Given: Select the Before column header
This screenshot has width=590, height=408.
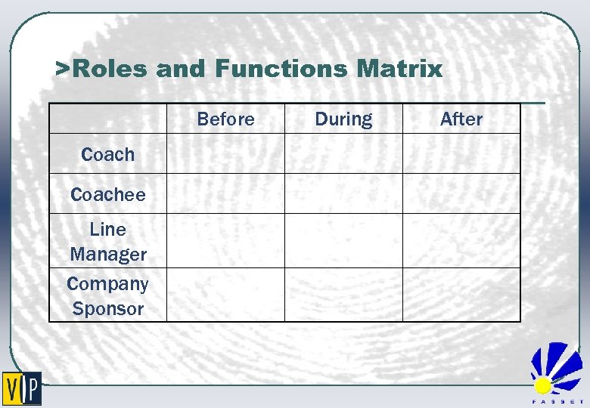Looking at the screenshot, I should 225,119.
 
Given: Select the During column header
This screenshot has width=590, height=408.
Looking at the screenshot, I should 343,119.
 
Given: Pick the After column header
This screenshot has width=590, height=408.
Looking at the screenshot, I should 461,119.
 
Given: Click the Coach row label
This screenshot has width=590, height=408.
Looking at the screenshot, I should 107,154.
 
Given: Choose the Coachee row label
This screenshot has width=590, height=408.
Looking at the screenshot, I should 107,194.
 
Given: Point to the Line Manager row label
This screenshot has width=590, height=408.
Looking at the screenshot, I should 107,241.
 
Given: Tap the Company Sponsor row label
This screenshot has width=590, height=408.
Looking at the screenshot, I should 107,295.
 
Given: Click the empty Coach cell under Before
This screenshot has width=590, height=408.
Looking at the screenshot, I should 225,154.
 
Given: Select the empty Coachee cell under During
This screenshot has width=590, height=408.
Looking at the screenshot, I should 343,193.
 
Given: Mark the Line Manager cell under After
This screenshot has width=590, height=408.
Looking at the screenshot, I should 461,240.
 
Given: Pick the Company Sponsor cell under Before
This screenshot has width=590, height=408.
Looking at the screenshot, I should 225,295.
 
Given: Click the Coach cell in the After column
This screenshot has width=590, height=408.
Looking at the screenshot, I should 461,154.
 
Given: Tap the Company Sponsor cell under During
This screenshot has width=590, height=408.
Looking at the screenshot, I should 343,295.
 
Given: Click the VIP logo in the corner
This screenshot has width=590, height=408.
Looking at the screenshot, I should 22,389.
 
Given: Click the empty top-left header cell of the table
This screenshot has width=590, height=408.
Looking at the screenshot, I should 107,119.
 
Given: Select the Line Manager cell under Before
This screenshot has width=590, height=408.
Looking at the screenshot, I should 225,240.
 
